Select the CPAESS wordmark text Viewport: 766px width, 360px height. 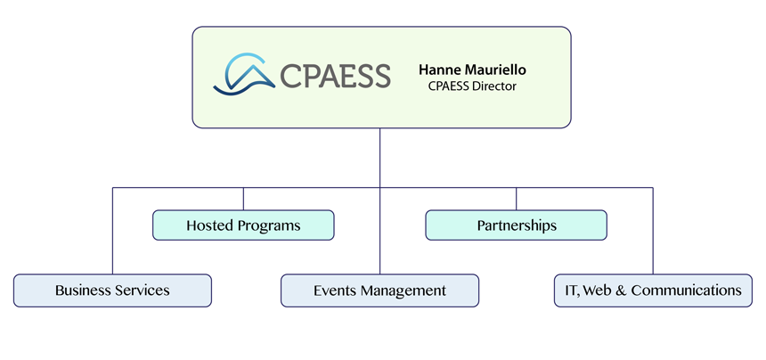click(335, 76)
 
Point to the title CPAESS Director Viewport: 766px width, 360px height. click(473, 86)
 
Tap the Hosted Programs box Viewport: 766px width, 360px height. click(243, 225)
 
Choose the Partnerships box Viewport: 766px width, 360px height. click(516, 225)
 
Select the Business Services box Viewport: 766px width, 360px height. click(112, 290)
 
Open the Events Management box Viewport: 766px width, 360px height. click(379, 290)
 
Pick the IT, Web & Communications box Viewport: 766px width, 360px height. click(653, 290)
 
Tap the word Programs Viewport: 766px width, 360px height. click(270, 226)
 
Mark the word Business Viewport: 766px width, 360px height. click(83, 290)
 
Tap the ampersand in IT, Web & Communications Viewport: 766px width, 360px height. click(621, 290)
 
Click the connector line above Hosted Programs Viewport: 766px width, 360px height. click(243, 199)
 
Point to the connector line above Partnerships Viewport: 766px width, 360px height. click(516, 199)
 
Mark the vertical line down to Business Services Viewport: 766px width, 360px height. click(112, 232)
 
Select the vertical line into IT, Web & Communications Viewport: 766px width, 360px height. click(653, 232)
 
